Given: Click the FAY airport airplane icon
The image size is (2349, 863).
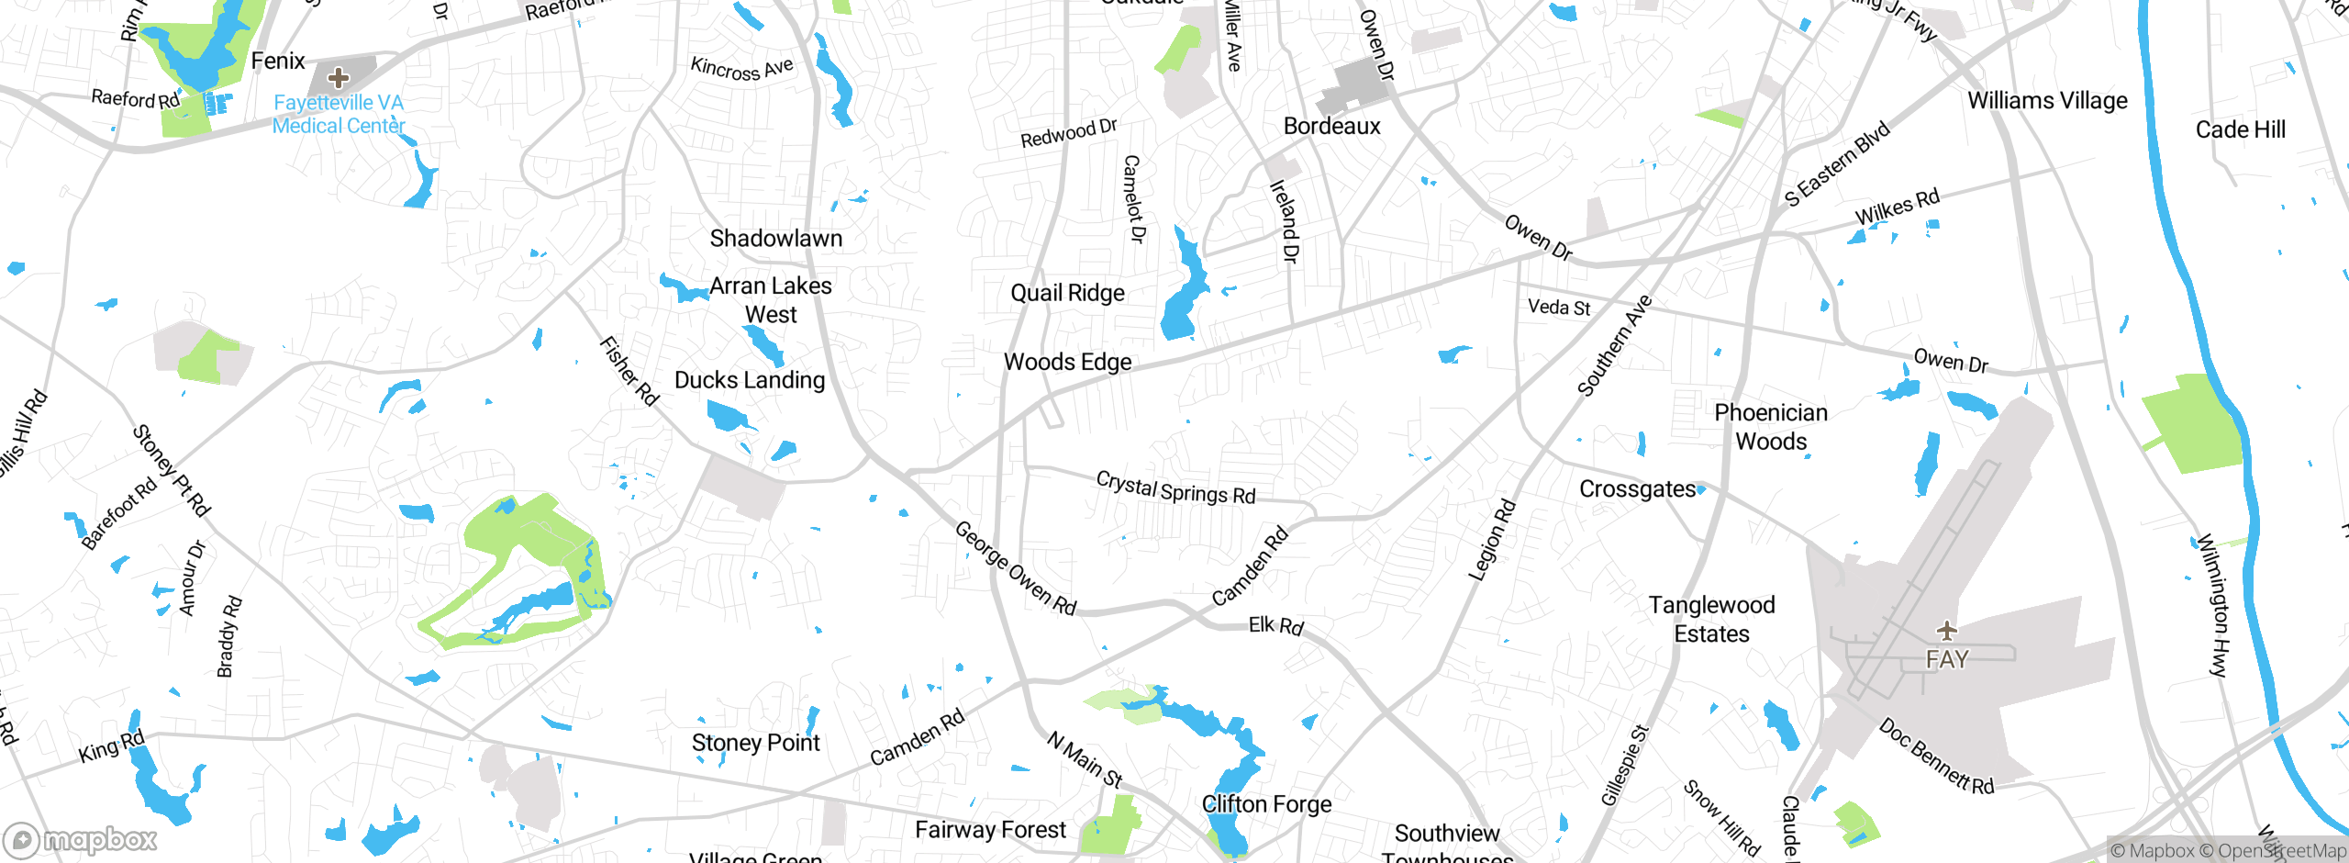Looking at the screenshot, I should pyautogui.click(x=1946, y=631).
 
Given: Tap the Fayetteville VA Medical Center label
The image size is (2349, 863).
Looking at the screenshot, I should pyautogui.click(x=339, y=115).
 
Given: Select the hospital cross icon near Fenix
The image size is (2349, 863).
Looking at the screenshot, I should pyautogui.click(x=339, y=77).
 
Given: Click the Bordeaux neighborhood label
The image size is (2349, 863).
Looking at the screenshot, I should pyautogui.click(x=1331, y=126).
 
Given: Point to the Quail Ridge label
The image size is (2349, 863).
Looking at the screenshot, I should pyautogui.click(x=1067, y=293).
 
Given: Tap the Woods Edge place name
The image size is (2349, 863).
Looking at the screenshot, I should pyautogui.click(x=1067, y=362).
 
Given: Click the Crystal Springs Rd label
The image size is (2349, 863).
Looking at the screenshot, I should pyautogui.click(x=1175, y=488).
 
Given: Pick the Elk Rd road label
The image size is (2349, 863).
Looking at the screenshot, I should pyautogui.click(x=1275, y=626).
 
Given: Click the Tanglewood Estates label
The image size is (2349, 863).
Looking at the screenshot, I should pyautogui.click(x=1711, y=619).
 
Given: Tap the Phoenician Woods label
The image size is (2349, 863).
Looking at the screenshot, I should pyautogui.click(x=1770, y=427).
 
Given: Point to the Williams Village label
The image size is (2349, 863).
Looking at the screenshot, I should pyautogui.click(x=2047, y=100).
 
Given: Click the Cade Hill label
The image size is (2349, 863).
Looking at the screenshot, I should pyautogui.click(x=2240, y=129).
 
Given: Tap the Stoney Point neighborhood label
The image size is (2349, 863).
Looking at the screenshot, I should pyautogui.click(x=755, y=743).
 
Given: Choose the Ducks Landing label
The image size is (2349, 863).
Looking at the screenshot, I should pyautogui.click(x=750, y=380).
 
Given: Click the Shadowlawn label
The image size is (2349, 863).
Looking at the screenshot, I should pyautogui.click(x=775, y=239).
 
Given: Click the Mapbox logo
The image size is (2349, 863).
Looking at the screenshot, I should pyautogui.click(x=81, y=840).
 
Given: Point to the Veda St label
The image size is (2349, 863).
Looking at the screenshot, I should pyautogui.click(x=1558, y=308).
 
